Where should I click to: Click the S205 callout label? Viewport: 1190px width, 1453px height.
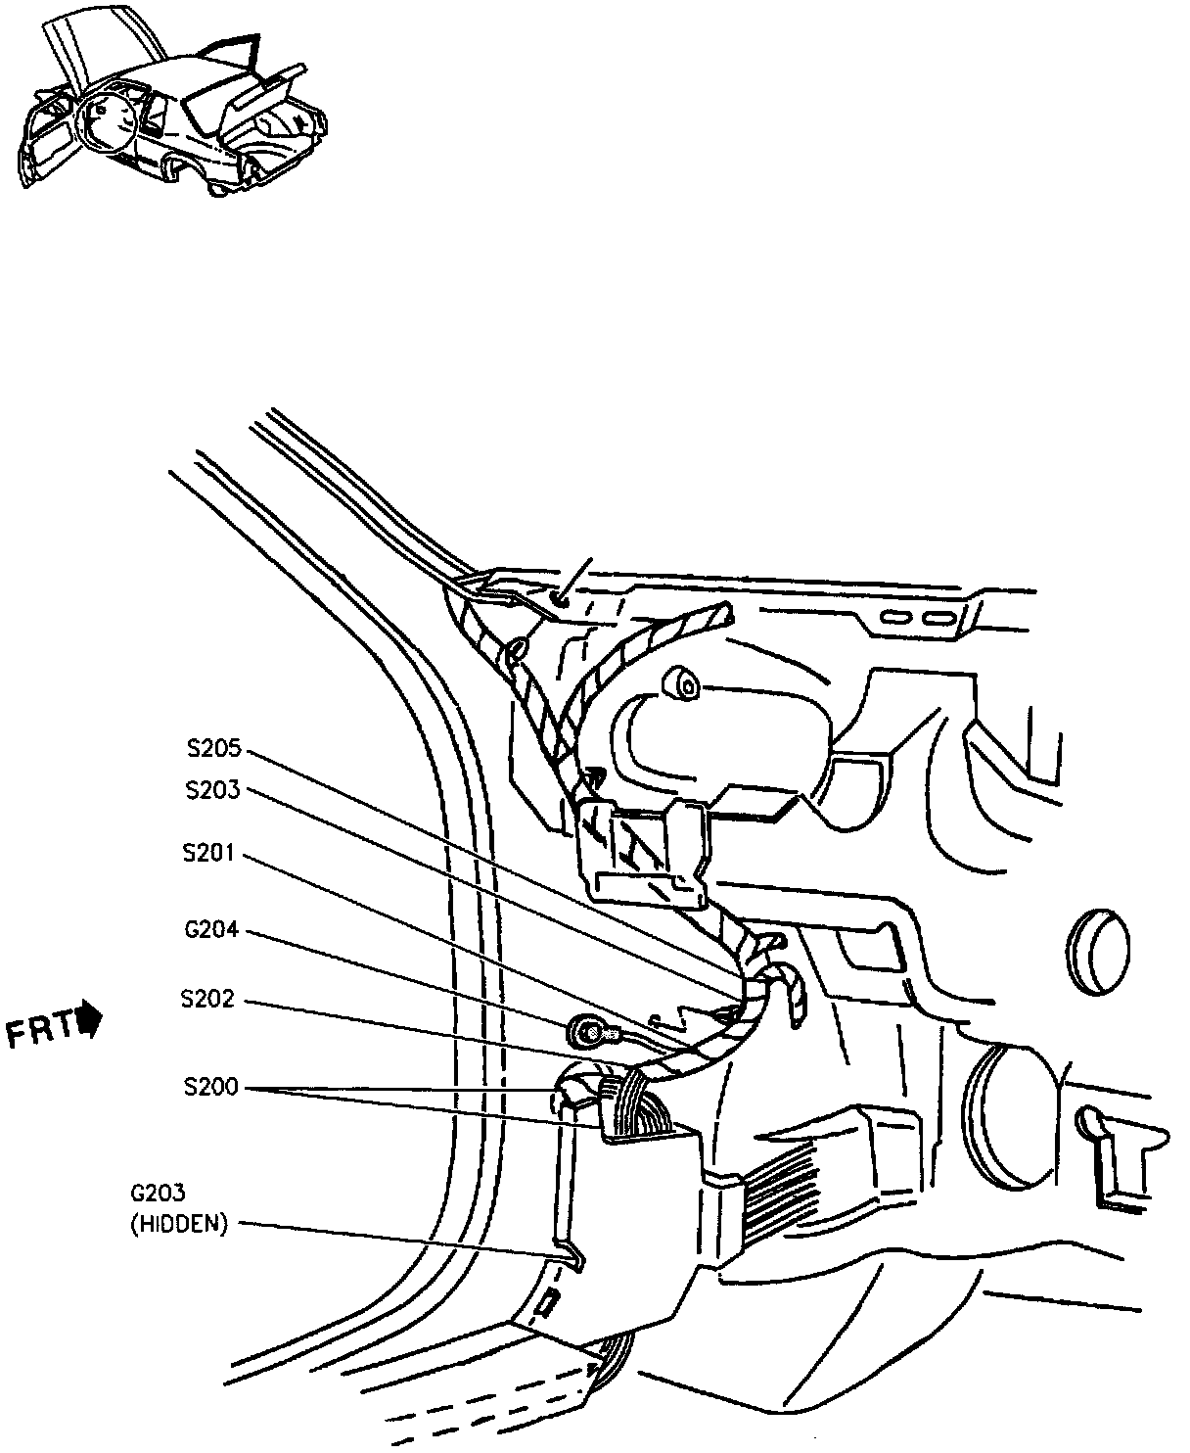click(212, 750)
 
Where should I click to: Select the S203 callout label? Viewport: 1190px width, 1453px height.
click(212, 789)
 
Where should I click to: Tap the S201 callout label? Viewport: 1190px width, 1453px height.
click(207, 854)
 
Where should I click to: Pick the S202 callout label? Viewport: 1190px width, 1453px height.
click(207, 1000)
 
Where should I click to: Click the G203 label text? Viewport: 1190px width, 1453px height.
click(158, 1194)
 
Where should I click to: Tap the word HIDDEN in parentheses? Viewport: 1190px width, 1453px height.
click(178, 1224)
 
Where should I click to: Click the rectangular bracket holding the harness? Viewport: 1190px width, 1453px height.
click(642, 847)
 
